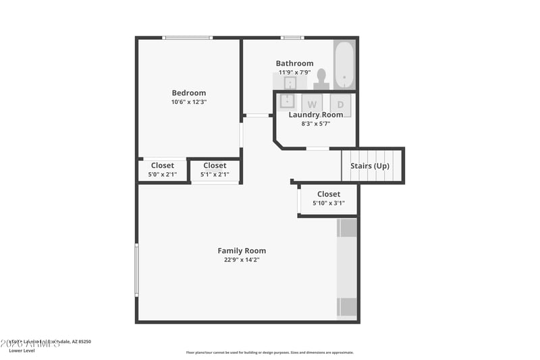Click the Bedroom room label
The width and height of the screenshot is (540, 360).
(x=188, y=93)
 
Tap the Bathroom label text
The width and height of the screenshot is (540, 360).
(x=294, y=63)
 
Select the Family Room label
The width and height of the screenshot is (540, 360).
(x=242, y=251)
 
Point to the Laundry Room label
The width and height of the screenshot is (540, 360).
(x=315, y=115)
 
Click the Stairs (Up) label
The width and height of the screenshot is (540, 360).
(x=369, y=165)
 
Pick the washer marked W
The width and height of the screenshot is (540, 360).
(x=312, y=104)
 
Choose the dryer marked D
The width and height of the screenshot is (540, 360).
(x=340, y=104)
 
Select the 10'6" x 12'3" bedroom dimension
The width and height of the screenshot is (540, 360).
(x=188, y=102)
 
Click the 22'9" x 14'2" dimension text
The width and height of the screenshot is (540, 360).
(x=242, y=259)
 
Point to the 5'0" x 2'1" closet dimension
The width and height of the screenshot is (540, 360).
(x=162, y=174)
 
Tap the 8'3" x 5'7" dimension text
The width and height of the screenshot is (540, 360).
(x=315, y=124)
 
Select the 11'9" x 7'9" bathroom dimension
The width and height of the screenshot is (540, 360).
(x=294, y=72)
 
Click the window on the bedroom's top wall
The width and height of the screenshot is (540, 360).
(x=188, y=38)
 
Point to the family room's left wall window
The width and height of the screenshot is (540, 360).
(x=136, y=270)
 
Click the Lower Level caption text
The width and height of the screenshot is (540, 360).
(x=21, y=351)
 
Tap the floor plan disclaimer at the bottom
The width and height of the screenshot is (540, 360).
(x=269, y=353)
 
